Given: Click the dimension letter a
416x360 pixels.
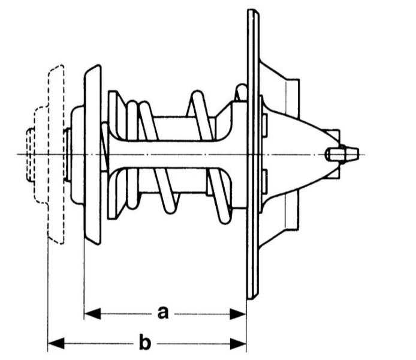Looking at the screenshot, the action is [x=163, y=313].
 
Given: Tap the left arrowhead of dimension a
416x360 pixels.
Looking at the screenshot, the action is [x=92, y=314].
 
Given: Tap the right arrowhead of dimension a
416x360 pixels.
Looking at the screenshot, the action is [x=238, y=314].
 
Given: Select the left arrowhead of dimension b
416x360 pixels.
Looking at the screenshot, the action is [x=56, y=344].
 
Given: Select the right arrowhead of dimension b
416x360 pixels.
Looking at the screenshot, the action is [x=238, y=344].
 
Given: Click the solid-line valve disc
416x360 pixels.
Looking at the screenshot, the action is [x=92, y=154].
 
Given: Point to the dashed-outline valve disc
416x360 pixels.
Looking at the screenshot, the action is [x=56, y=154].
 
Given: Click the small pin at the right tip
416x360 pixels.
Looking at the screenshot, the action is [x=342, y=154].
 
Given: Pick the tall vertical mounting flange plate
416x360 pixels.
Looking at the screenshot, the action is [x=253, y=154].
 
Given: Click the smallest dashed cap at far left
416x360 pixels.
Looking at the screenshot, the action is [x=30, y=155].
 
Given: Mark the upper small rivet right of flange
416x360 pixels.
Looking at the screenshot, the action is [x=264, y=126].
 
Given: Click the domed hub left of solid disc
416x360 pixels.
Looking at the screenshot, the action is [x=77, y=154].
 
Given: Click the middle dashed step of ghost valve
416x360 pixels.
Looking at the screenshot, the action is [x=41, y=155].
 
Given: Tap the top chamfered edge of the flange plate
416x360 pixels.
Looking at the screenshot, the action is [x=253, y=11].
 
